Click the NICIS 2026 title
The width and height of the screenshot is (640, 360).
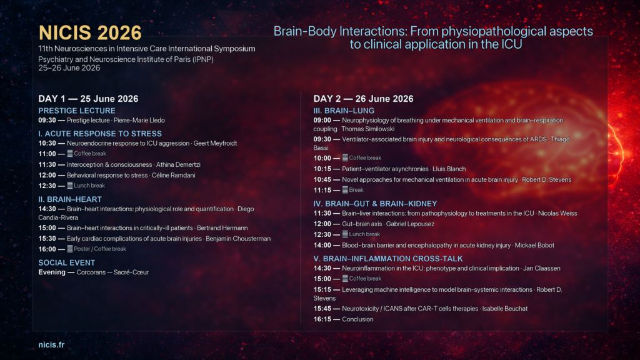pos(90,32)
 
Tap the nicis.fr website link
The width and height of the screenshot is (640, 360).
pos(51,344)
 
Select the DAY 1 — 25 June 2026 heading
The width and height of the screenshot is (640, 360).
pos(88,99)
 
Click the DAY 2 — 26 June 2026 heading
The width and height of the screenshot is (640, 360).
pos(363,99)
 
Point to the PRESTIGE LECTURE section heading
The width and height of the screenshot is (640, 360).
pos(77,111)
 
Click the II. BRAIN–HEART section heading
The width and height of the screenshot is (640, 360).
pos(70,199)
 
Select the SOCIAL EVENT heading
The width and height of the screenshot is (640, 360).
pos(66,263)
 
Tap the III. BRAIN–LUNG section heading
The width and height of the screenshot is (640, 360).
pos(344,111)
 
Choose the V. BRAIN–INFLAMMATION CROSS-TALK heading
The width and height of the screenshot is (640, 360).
pos(387,259)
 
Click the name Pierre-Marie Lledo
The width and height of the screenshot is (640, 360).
pos(139,121)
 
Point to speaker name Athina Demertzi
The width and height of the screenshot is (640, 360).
pos(178,164)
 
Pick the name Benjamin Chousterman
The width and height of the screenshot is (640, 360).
pos(238,239)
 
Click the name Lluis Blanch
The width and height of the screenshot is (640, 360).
pos(449,169)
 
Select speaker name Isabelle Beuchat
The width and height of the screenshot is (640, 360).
pos(505,309)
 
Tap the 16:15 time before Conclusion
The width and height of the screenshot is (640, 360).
pos(322,319)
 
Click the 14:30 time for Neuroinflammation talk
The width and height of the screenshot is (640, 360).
pos(322,269)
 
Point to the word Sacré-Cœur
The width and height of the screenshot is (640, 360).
pos(131,272)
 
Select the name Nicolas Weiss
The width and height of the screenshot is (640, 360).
pos(557,214)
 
